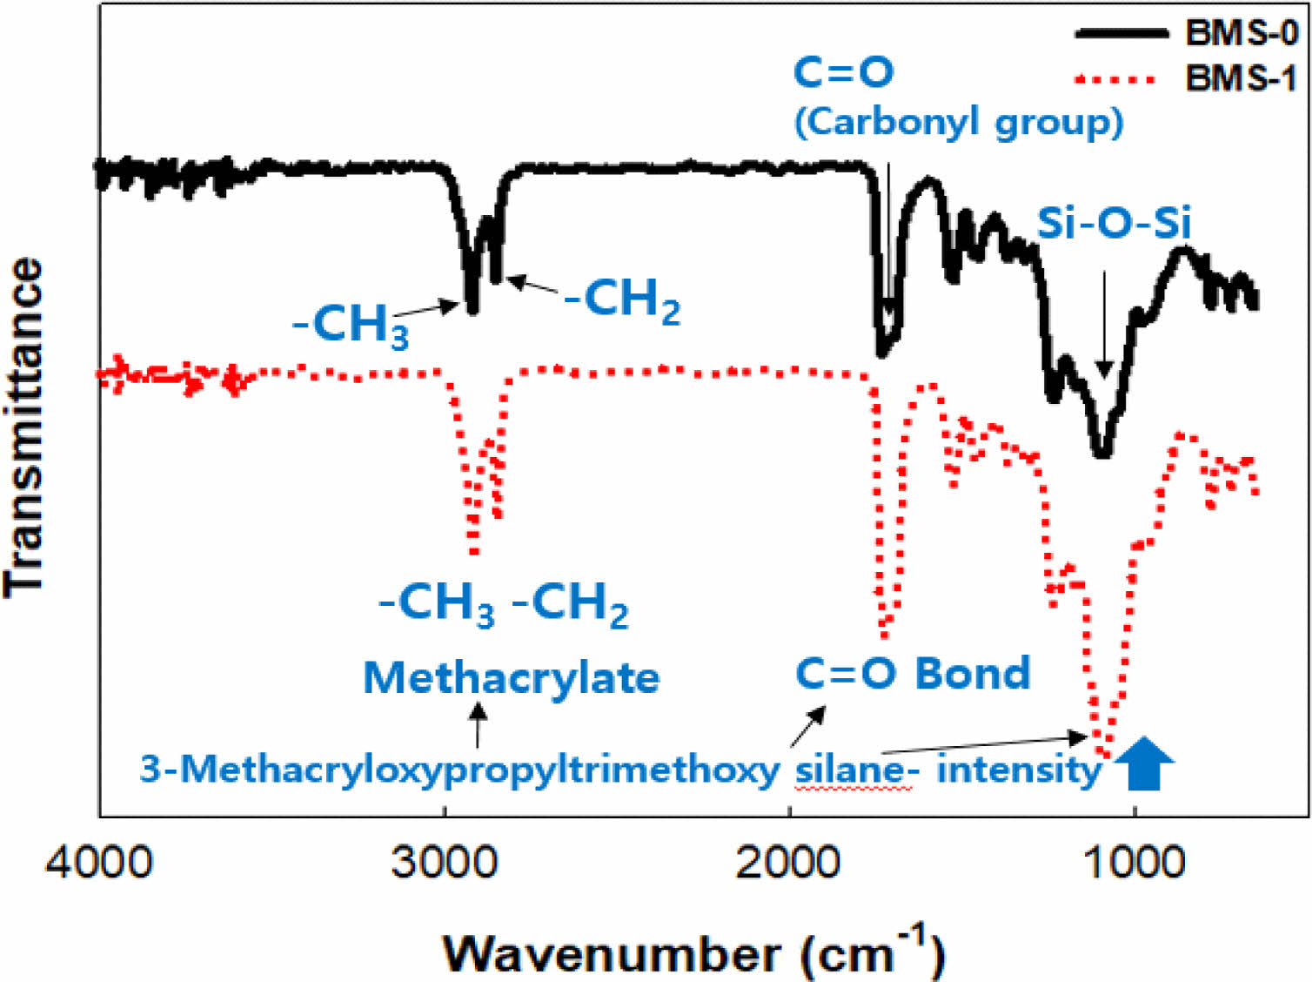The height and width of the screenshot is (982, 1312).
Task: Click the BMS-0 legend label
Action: (1242, 33)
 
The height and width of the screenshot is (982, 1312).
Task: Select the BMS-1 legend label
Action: (1242, 78)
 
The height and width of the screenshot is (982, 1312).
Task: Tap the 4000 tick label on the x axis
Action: (99, 862)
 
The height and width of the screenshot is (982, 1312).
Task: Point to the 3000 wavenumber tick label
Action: (445, 862)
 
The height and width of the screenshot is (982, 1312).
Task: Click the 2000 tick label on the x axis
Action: (789, 862)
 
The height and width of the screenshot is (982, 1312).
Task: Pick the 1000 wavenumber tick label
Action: (1134, 862)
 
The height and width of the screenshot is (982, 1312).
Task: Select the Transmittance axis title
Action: (24, 427)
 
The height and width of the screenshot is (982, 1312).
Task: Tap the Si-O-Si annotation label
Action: (1113, 224)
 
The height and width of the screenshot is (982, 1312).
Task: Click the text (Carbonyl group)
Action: (959, 122)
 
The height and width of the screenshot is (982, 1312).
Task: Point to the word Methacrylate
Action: (511, 677)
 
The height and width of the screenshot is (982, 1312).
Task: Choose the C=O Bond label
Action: (913, 674)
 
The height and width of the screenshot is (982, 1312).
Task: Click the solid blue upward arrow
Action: (1144, 763)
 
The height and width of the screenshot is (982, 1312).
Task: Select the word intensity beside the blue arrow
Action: (1019, 770)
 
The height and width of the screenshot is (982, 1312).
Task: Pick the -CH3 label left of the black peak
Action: (351, 326)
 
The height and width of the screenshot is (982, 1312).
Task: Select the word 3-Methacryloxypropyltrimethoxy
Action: (459, 770)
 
